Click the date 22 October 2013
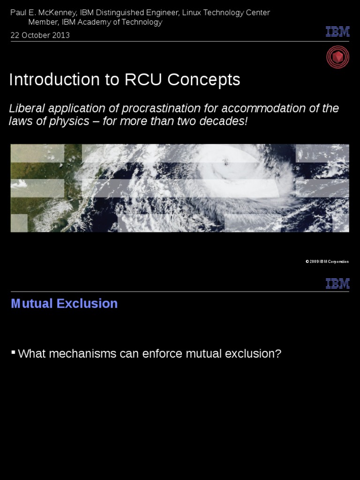pyautogui.click(x=40, y=35)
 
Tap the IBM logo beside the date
pyautogui.click(x=337, y=32)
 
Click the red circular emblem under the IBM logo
pyautogui.click(x=337, y=57)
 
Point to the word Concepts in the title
pyautogui.click(x=203, y=80)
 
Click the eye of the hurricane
pyautogui.click(x=226, y=163)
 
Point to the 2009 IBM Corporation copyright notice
pyautogui.click(x=327, y=262)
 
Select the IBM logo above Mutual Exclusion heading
pyautogui.click(x=337, y=284)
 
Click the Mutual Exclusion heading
pyautogui.click(x=64, y=304)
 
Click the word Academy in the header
pyautogui.click(x=97, y=22)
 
